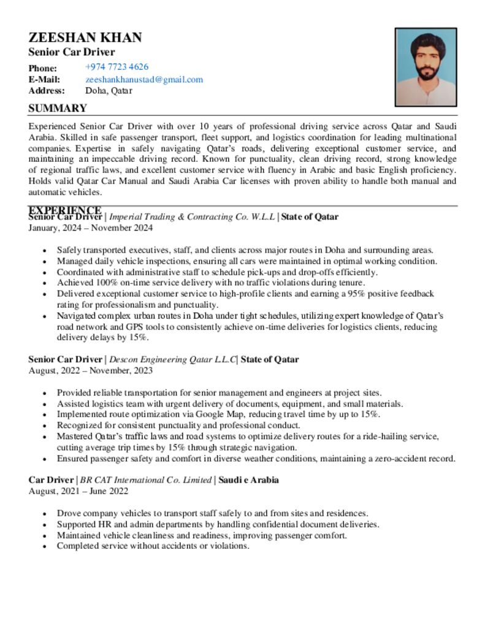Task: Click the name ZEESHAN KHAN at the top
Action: pos(85,37)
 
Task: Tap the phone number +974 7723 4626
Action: pos(116,67)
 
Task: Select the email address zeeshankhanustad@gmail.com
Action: pos(144,79)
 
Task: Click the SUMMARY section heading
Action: pos(58,109)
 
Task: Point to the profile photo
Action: pos(426,67)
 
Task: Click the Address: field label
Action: pos(47,91)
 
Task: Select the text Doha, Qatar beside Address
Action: pos(109,91)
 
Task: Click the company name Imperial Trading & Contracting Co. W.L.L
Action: pos(192,216)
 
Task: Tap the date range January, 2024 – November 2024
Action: pos(91,228)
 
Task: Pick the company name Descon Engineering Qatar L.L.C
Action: pos(172,359)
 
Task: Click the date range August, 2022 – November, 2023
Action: pos(91,370)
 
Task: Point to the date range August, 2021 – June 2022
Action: pos(78,491)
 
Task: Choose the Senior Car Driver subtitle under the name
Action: pos(72,52)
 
